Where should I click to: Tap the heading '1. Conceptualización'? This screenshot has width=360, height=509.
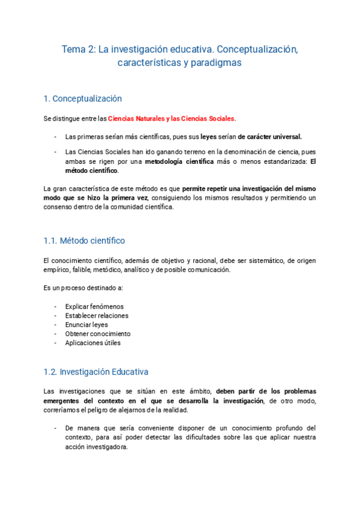tap(83, 98)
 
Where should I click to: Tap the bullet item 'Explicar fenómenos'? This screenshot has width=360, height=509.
tap(94, 306)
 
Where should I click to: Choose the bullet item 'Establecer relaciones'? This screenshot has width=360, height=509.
tap(97, 316)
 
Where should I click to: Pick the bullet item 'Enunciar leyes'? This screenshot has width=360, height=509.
tap(87, 325)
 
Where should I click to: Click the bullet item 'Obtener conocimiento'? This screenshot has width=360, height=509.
tap(97, 334)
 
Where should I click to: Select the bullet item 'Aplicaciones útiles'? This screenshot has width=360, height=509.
tap(93, 343)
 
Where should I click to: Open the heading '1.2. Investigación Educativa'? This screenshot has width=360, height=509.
tap(96, 372)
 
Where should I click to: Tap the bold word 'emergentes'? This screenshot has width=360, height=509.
tap(63, 400)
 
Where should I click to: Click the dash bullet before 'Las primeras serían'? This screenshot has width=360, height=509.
tap(56, 136)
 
